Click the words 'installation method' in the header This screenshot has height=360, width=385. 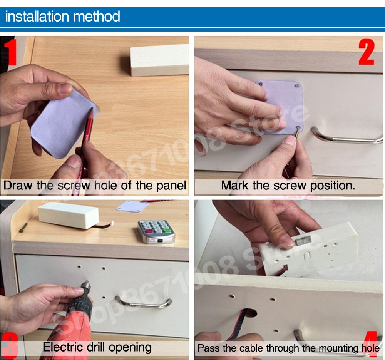click(63, 17)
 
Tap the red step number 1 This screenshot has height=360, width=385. click(10, 52)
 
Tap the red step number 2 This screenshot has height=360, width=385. click(367, 52)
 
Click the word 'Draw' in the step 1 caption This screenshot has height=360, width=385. click(18, 185)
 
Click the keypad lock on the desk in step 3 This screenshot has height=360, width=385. click(156, 231)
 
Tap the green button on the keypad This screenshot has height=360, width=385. click(167, 231)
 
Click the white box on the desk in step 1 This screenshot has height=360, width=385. click(159, 60)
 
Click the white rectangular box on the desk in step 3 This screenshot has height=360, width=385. click(69, 215)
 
